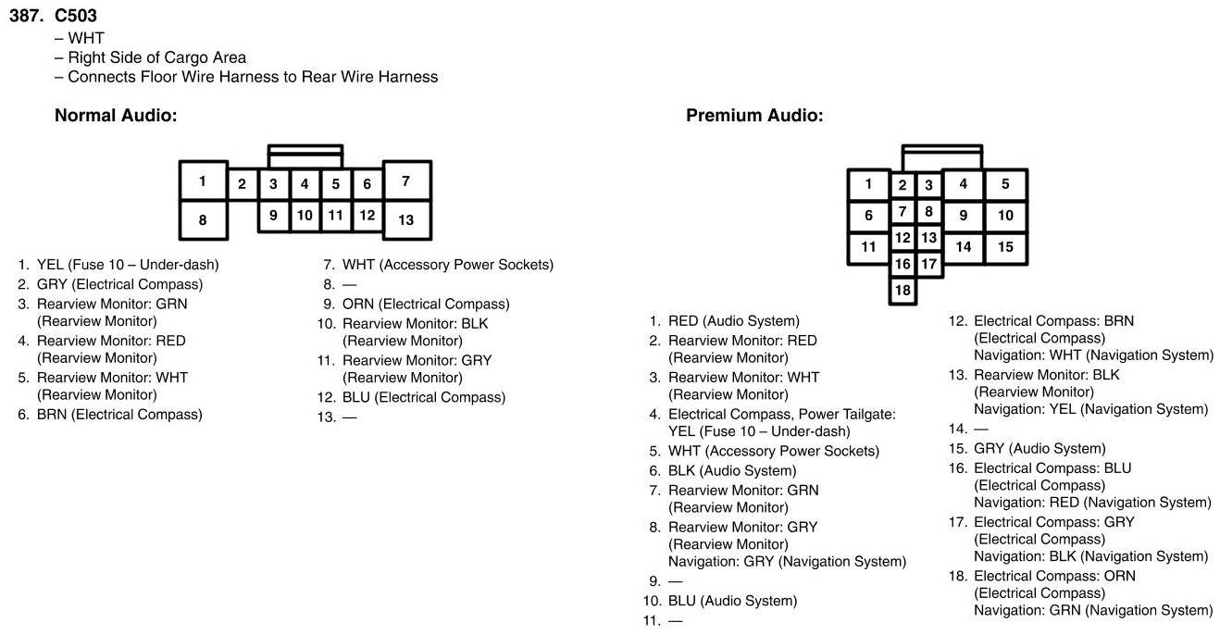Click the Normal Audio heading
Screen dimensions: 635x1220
coord(116,116)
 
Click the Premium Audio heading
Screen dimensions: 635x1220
coord(753,116)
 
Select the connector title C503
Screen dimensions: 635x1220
coord(76,16)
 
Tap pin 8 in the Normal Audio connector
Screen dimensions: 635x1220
coord(203,220)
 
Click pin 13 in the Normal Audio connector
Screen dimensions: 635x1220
coord(405,220)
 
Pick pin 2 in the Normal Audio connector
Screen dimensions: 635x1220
coord(242,183)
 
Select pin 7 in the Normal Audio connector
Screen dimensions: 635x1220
coord(405,181)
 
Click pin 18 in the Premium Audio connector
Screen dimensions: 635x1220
coord(903,290)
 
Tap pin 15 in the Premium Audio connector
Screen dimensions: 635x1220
coord(1005,247)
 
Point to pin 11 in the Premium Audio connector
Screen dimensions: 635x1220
coord(868,247)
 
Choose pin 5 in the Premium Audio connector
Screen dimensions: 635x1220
coord(1005,184)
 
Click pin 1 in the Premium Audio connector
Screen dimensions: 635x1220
coord(868,184)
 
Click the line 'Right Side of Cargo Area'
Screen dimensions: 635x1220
coord(157,57)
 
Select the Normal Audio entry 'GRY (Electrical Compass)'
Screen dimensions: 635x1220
coord(119,284)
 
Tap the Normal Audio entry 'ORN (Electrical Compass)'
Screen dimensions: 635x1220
coord(426,304)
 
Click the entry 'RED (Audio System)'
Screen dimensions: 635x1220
coord(733,321)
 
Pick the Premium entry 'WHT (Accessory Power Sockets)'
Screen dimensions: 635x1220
coord(774,451)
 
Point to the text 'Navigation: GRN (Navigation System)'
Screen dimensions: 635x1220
coord(1092,610)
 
